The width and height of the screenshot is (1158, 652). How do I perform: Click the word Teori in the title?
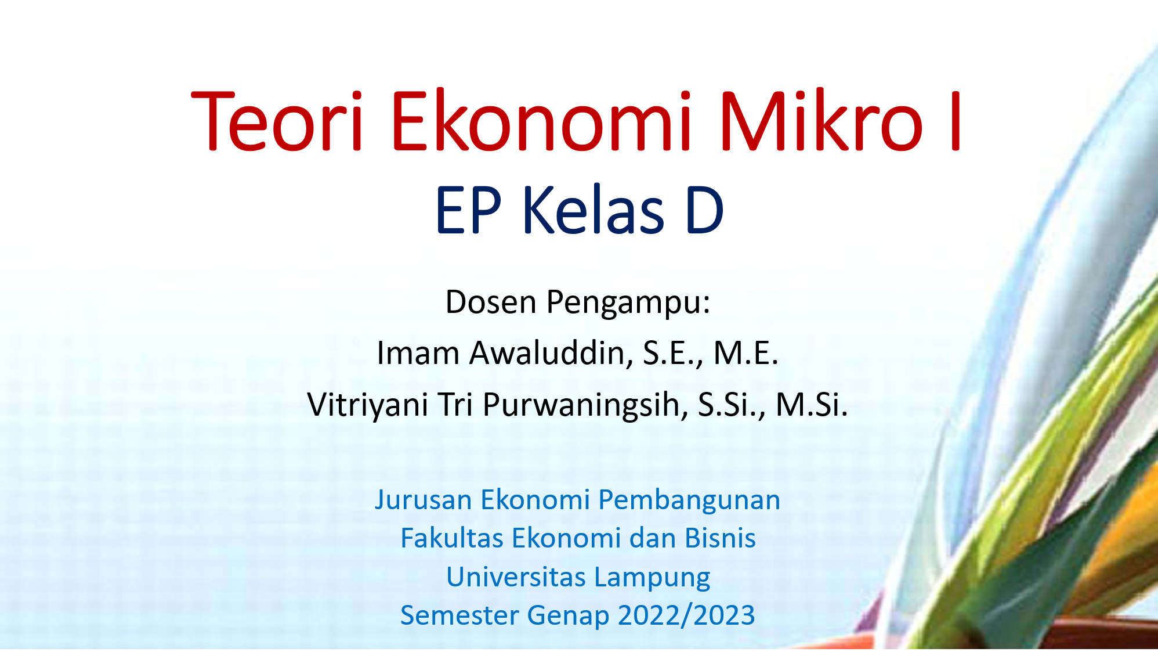coord(277,121)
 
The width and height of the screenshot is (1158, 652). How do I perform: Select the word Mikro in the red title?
coord(821,121)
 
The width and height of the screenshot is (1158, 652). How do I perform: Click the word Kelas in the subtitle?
coord(593,210)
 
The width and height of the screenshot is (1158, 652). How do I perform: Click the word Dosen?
coord(490,302)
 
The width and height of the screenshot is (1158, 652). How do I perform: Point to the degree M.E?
coord(746,352)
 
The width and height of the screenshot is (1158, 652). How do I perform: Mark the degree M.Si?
coord(812,404)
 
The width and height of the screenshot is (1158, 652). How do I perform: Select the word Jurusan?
coord(424,500)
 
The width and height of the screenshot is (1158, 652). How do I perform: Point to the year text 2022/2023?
coord(686,615)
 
